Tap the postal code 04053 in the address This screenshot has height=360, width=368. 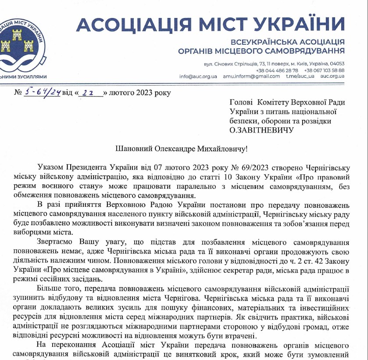336,64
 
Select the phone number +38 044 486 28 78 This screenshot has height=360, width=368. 277,70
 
